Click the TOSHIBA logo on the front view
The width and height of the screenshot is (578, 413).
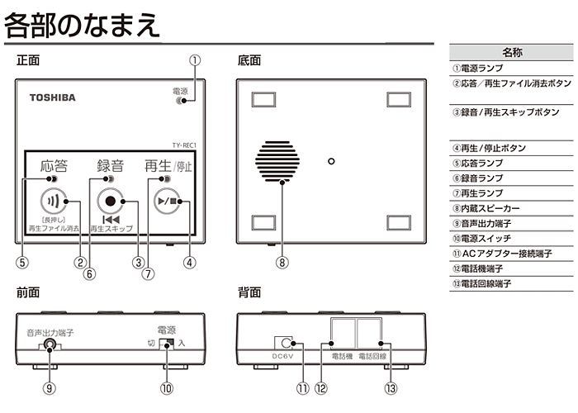53,97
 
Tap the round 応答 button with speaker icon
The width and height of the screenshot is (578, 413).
53,201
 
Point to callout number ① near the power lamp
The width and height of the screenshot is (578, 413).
196,60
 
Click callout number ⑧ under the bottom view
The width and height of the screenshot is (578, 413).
282,263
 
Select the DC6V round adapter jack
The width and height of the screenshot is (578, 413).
285,342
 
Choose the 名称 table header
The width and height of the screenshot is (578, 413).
512,52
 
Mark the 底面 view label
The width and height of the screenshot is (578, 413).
249,61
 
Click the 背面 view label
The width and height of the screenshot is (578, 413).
249,293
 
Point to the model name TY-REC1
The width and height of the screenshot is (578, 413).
187,145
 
